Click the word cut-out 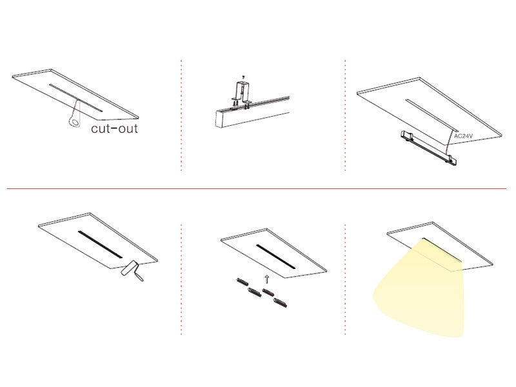click(x=114, y=128)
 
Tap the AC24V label click(x=463, y=136)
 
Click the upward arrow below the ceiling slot click(x=266, y=279)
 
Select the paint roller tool click(x=132, y=270)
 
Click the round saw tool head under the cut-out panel click(x=75, y=122)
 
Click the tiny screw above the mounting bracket click(x=243, y=77)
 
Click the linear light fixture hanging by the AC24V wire click(x=428, y=148)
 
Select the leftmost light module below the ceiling click(x=243, y=282)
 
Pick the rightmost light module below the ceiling click(x=281, y=303)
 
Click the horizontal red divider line click(x=257, y=189)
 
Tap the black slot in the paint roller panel click(x=100, y=244)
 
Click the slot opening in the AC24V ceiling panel click(x=432, y=115)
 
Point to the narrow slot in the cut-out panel click(x=76, y=98)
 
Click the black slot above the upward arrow click(x=276, y=257)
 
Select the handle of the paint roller click(x=139, y=277)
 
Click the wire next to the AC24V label click(x=450, y=142)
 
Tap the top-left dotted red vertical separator click(x=181, y=115)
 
